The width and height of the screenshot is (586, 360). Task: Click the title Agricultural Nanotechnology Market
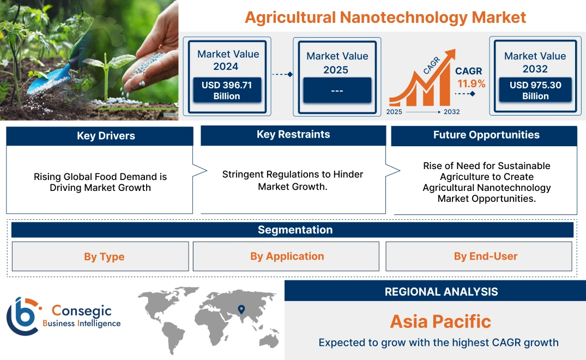pyautogui.click(x=385, y=17)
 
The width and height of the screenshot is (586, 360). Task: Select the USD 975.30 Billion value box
pyautogui.click(x=535, y=91)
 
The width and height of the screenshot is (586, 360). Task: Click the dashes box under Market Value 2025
pyautogui.click(x=337, y=91)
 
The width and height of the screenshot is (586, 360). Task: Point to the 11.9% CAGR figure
pyautogui.click(x=471, y=84)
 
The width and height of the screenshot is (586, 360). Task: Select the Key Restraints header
pyautogui.click(x=293, y=135)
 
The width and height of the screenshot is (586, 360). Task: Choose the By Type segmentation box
pyautogui.click(x=104, y=256)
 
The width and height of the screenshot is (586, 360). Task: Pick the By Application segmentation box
pyautogui.click(x=287, y=256)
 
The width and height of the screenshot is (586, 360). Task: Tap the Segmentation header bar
pyautogui.click(x=295, y=230)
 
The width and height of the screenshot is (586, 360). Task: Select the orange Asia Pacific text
pyautogui.click(x=440, y=321)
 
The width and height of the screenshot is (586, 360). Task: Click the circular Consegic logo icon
pyautogui.click(x=22, y=316)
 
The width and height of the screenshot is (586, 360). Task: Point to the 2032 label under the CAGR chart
pyautogui.click(x=451, y=112)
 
